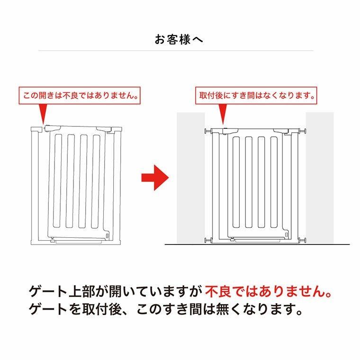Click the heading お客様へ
pos(179,39)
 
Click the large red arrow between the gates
pos(155,178)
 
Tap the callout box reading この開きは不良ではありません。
pos(80,96)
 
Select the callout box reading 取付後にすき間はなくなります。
pos(256,96)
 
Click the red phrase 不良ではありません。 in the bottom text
pos(268,292)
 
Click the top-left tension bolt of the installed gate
pos(208,131)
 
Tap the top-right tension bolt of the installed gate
pos(303,131)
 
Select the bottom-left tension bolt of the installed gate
pos(208,240)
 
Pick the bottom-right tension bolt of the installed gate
pos(303,240)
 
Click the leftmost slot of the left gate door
pos(58,181)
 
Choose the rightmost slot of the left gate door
pos(96,181)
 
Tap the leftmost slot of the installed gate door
pos(236,182)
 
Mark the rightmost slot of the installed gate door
pos(274,182)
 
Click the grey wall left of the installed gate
pos(190,178)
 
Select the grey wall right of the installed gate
pos(320,178)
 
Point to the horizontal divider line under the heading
pos(176,50)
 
